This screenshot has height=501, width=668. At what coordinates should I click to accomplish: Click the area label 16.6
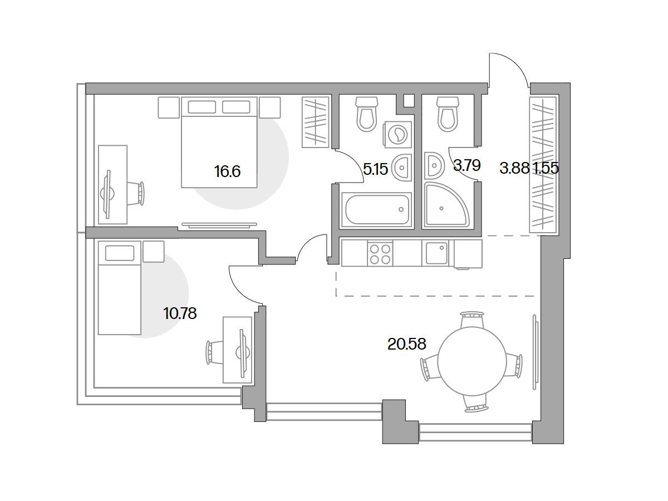click(x=227, y=171)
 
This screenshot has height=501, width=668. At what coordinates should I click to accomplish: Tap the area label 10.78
click(x=180, y=313)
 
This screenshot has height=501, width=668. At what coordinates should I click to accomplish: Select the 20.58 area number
click(x=407, y=344)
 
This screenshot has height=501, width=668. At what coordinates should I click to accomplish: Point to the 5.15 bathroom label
click(x=376, y=169)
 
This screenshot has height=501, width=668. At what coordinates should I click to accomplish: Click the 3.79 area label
click(x=467, y=165)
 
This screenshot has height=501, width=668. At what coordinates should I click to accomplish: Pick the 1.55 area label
click(x=547, y=168)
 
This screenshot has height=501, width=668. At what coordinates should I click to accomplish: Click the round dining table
click(x=472, y=361)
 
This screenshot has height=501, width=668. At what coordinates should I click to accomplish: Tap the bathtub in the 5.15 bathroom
click(x=376, y=210)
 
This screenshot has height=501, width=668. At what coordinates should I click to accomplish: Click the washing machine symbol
click(x=398, y=135)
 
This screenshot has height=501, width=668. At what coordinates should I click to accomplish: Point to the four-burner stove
click(x=380, y=254)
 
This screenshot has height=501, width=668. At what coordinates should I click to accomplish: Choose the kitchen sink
click(x=437, y=253)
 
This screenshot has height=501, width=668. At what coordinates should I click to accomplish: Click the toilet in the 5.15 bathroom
click(x=367, y=114)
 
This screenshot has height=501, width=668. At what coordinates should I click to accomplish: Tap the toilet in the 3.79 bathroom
click(x=448, y=114)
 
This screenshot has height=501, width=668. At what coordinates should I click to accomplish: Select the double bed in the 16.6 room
click(x=219, y=142)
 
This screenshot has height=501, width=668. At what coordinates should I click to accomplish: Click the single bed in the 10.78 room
click(x=120, y=288)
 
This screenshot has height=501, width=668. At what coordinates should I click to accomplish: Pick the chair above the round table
click(x=472, y=320)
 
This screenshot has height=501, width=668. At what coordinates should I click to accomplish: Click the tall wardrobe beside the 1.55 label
click(x=543, y=165)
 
